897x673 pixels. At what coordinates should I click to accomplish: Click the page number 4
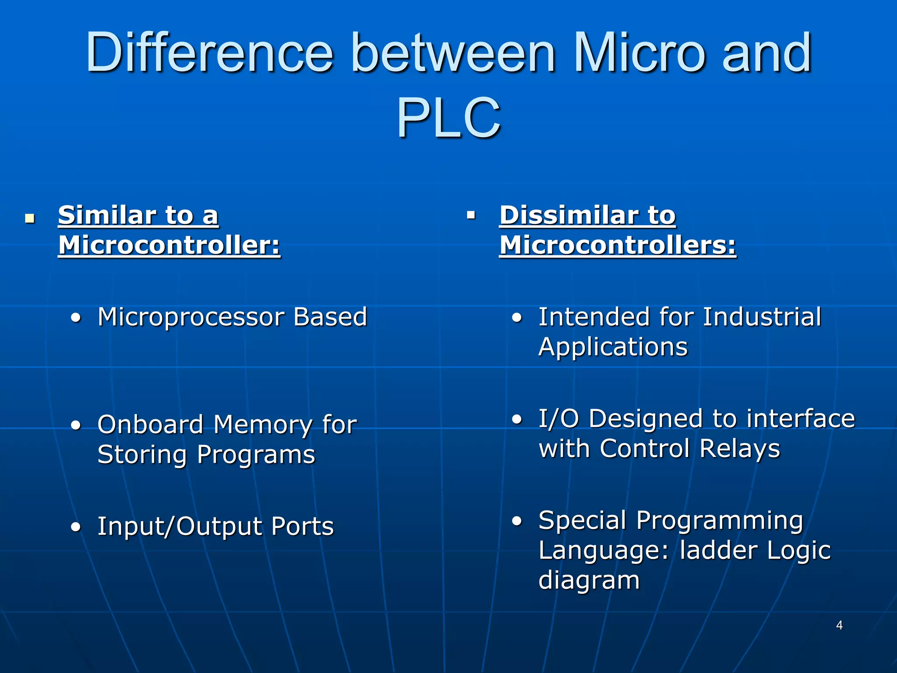[839, 625]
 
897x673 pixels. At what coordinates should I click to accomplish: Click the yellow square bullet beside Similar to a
[30, 218]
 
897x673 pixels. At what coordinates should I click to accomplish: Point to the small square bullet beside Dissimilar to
[471, 215]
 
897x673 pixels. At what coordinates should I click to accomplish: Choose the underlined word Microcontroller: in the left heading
[169, 245]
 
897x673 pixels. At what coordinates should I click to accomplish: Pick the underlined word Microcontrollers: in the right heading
[618, 245]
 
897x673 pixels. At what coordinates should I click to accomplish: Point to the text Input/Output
[180, 526]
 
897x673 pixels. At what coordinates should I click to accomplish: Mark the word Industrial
[762, 317]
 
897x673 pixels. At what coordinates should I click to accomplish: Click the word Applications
[613, 347]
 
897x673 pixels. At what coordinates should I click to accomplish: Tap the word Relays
[740, 449]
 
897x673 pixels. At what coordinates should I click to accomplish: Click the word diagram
[589, 581]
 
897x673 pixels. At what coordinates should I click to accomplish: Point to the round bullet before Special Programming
[517, 521]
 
